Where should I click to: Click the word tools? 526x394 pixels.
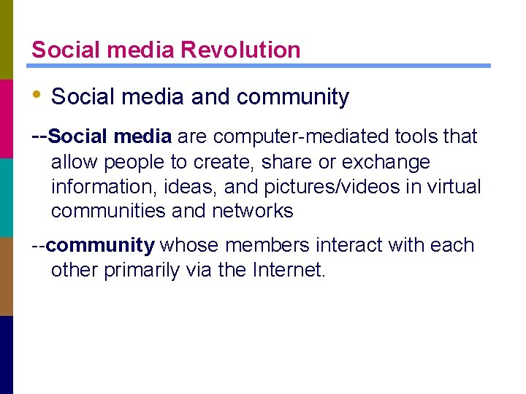click(x=409, y=136)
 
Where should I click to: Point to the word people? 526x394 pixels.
click(x=134, y=162)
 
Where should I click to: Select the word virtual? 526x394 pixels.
click(x=454, y=188)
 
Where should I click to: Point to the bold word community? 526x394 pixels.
click(x=101, y=246)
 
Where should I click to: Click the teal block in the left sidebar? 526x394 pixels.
click(x=7, y=197)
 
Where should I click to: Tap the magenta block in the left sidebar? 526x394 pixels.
click(x=7, y=118)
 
